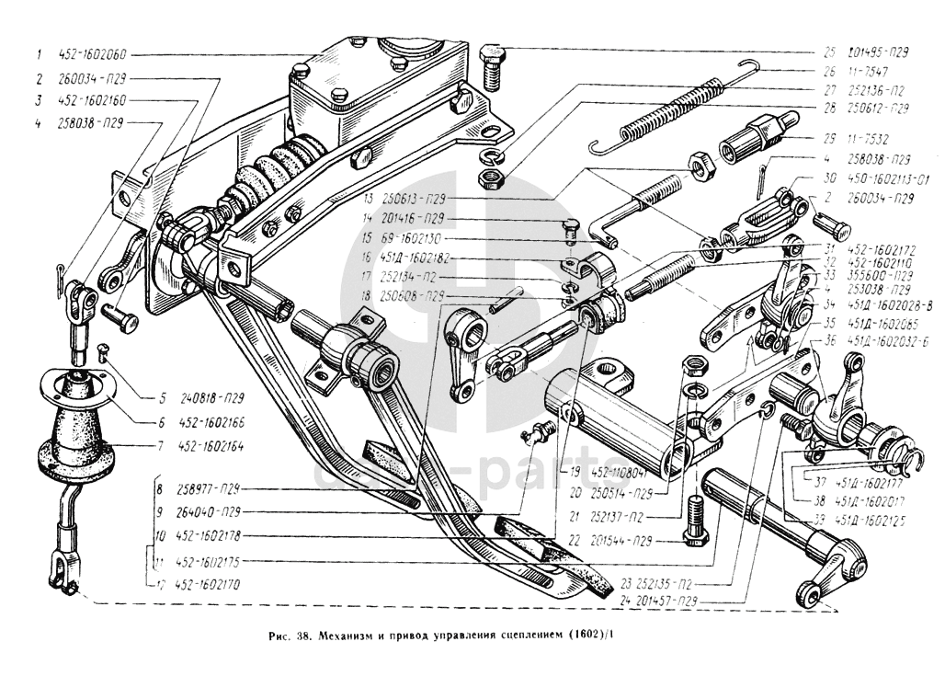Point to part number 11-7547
[x=868, y=70]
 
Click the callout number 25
[x=828, y=52]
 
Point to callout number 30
[x=830, y=178]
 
